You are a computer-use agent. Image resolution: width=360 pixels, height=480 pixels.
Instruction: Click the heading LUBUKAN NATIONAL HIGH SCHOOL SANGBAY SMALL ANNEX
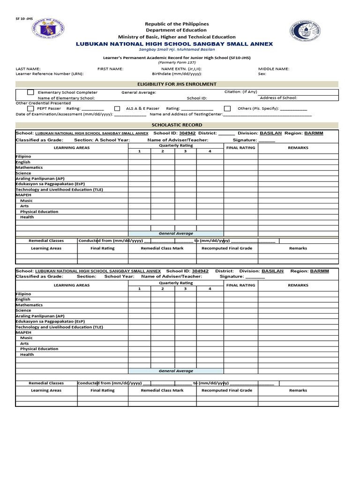(x=174, y=44)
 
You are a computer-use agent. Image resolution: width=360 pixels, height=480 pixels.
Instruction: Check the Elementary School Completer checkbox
(x=30, y=92)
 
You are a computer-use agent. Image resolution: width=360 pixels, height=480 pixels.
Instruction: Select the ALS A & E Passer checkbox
(x=117, y=108)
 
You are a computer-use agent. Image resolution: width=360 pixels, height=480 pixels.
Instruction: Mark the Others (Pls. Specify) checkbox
(x=227, y=108)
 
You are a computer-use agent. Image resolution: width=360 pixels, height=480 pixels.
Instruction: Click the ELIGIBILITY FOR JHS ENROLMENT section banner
(x=177, y=84)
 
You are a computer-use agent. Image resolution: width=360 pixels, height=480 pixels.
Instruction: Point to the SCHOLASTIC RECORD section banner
(x=177, y=125)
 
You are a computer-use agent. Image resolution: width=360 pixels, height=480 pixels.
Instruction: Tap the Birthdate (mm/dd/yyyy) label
(x=177, y=74)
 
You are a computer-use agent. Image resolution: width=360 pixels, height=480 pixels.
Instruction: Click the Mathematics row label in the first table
(x=30, y=167)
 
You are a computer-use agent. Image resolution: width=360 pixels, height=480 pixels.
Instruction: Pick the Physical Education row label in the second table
(x=39, y=349)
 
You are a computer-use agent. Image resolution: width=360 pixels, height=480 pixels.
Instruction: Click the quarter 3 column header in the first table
(x=185, y=151)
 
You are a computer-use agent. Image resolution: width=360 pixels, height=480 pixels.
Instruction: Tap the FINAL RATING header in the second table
(x=240, y=285)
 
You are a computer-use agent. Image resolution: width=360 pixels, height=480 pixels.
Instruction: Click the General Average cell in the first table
(x=176, y=233)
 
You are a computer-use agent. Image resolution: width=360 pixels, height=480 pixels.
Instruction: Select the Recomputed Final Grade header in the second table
(x=226, y=390)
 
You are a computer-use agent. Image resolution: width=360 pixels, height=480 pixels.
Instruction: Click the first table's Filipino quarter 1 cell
(x=139, y=157)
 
